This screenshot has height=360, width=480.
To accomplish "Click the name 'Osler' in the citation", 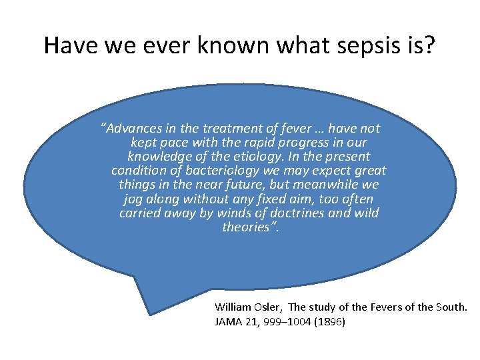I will (268, 307).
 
